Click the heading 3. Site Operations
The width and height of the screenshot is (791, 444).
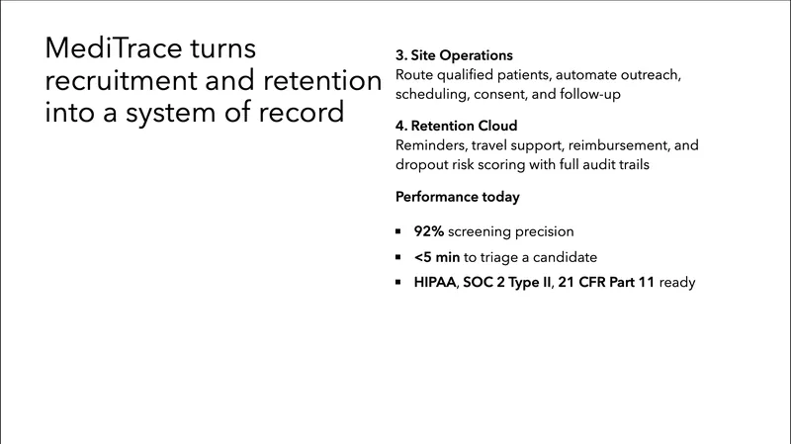click(454, 55)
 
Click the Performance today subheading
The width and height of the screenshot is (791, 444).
click(457, 197)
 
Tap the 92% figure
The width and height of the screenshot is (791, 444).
click(430, 231)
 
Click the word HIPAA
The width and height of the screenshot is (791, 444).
click(435, 283)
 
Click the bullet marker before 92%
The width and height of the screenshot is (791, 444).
click(398, 231)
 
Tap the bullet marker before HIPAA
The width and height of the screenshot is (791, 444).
click(398, 283)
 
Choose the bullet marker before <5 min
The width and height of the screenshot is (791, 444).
click(398, 257)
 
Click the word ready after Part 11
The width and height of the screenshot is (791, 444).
click(677, 283)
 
